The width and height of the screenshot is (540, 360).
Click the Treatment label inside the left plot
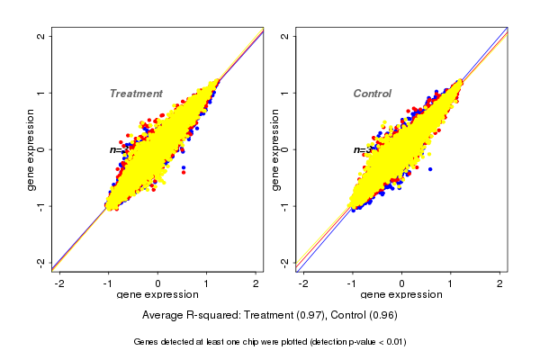[x=136, y=94]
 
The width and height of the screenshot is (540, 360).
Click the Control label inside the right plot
[x=372, y=94]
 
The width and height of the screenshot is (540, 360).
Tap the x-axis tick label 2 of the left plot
[x=256, y=283]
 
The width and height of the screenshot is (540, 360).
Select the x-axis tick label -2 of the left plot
[x=59, y=283]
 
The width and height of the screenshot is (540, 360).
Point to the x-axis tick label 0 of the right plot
[x=401, y=283]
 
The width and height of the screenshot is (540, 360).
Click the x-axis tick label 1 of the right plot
[x=451, y=283]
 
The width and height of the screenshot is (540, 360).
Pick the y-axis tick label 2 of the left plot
[x=41, y=36]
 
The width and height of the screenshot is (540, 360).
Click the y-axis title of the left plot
[x=31, y=149]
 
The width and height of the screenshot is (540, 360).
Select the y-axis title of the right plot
[x=274, y=149]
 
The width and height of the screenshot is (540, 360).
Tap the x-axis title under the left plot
[x=157, y=295]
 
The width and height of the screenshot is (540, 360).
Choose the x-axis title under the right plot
[x=401, y=295]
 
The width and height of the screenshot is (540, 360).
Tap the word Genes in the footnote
[x=147, y=342]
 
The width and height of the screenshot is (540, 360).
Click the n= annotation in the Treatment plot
[x=115, y=149]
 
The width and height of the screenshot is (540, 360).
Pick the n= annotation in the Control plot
[x=358, y=149]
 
